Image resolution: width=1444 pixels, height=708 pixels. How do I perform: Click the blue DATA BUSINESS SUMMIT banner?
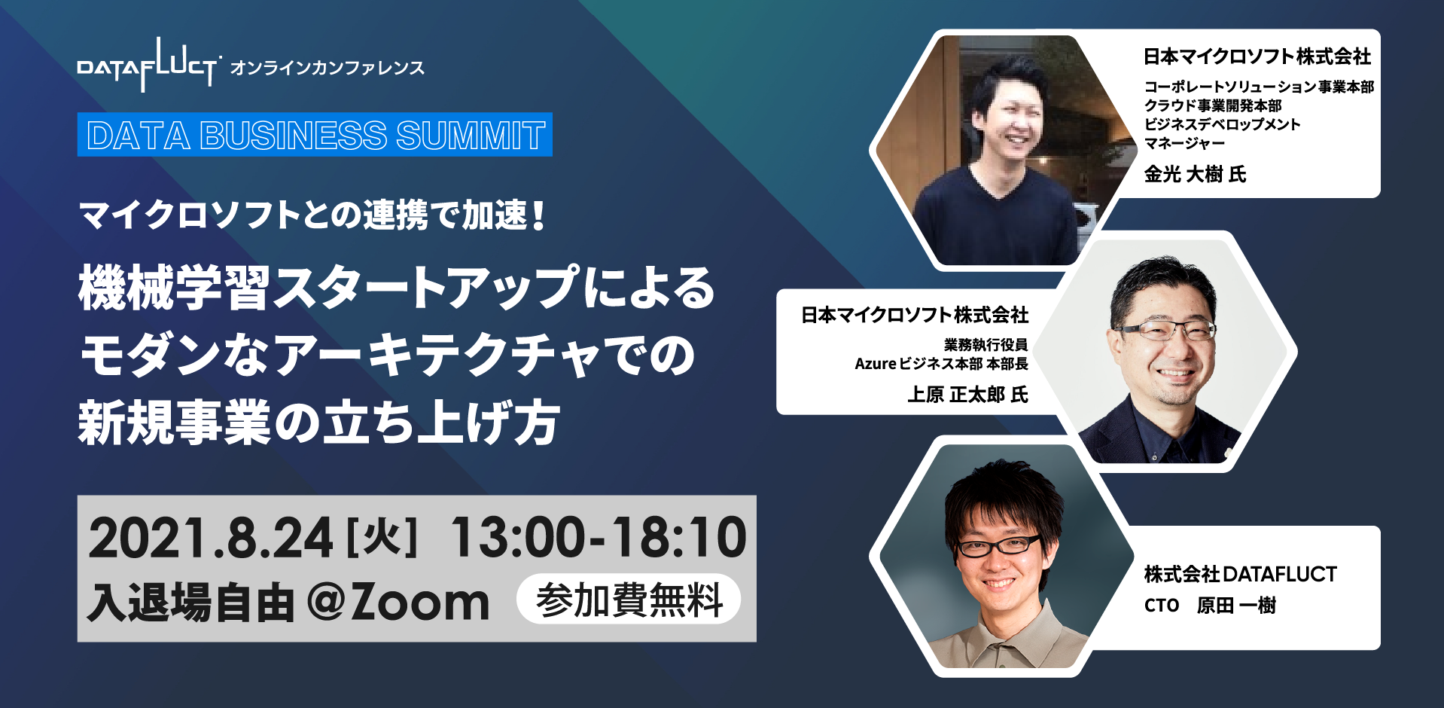(x=315, y=135)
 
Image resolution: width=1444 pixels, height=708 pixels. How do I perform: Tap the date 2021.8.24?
(x=211, y=538)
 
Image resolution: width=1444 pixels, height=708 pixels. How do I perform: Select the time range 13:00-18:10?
(x=599, y=538)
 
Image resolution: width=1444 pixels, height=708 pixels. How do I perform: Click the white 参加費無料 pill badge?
(x=629, y=600)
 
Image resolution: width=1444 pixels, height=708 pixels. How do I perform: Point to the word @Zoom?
(x=398, y=603)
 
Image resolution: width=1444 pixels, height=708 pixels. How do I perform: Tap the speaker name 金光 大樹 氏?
(x=1195, y=175)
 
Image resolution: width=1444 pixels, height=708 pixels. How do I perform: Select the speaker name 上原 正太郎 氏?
(x=967, y=395)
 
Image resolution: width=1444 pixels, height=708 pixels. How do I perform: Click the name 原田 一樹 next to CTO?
(x=1236, y=606)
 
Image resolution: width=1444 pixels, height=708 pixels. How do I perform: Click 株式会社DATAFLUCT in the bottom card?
(x=1240, y=574)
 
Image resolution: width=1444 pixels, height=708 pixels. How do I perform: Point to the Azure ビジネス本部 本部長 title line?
(x=941, y=364)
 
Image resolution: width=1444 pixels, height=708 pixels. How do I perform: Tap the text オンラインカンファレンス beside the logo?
(x=327, y=68)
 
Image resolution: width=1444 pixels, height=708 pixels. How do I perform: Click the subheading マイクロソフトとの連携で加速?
(x=312, y=215)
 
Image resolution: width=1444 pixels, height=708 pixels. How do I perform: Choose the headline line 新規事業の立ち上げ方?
(x=319, y=422)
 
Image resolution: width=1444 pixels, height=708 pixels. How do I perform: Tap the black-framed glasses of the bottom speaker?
(x=998, y=545)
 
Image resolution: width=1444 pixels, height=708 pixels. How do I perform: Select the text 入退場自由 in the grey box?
(x=190, y=603)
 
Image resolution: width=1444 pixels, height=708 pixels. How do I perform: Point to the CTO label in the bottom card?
(x=1161, y=606)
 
